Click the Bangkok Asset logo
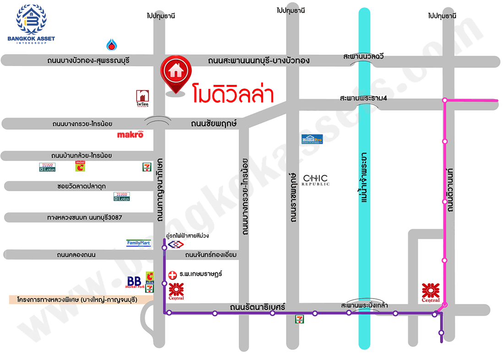point(31,23)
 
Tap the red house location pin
point(175,73)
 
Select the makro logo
point(131,134)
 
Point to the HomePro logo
point(312,139)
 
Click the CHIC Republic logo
point(316,180)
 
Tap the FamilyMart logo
point(138,243)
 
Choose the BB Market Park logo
point(135,282)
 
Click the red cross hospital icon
point(172,274)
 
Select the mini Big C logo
point(80,166)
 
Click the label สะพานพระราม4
point(358,98)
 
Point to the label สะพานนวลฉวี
point(363,56)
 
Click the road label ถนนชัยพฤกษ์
point(212,123)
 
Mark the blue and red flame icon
point(111,44)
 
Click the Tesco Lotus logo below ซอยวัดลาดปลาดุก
point(122,196)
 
